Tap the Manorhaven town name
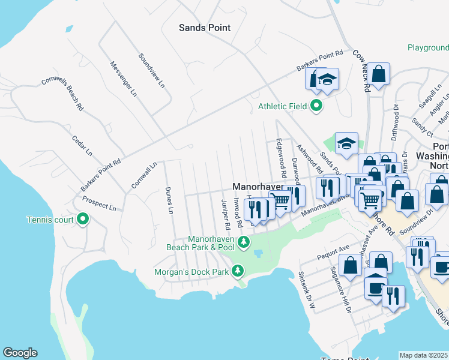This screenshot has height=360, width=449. [258, 187]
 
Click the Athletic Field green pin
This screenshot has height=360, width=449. [316, 107]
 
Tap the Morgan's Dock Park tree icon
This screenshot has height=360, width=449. [238, 271]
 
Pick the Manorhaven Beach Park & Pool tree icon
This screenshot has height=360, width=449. [243, 242]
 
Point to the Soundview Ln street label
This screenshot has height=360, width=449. [151, 71]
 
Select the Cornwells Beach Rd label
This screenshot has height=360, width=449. [62, 94]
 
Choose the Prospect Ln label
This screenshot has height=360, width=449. [100, 204]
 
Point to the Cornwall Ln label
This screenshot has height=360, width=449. [145, 173]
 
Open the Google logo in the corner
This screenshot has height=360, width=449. [20, 353]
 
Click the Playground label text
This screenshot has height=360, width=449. [427, 47]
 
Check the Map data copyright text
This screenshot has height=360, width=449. [424, 355]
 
